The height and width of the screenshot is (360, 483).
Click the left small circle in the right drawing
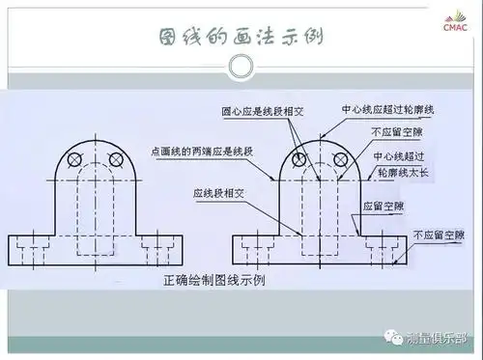click(x=300, y=158)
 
